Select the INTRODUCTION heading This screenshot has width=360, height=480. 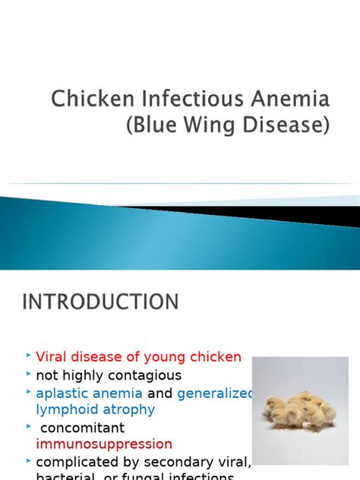(100, 302)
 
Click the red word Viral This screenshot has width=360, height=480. (52, 356)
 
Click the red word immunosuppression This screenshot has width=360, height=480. (104, 444)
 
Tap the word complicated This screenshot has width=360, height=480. (77, 461)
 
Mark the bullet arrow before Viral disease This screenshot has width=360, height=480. (28, 355)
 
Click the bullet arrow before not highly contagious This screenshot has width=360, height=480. (28, 374)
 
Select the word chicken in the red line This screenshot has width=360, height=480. (216, 356)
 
